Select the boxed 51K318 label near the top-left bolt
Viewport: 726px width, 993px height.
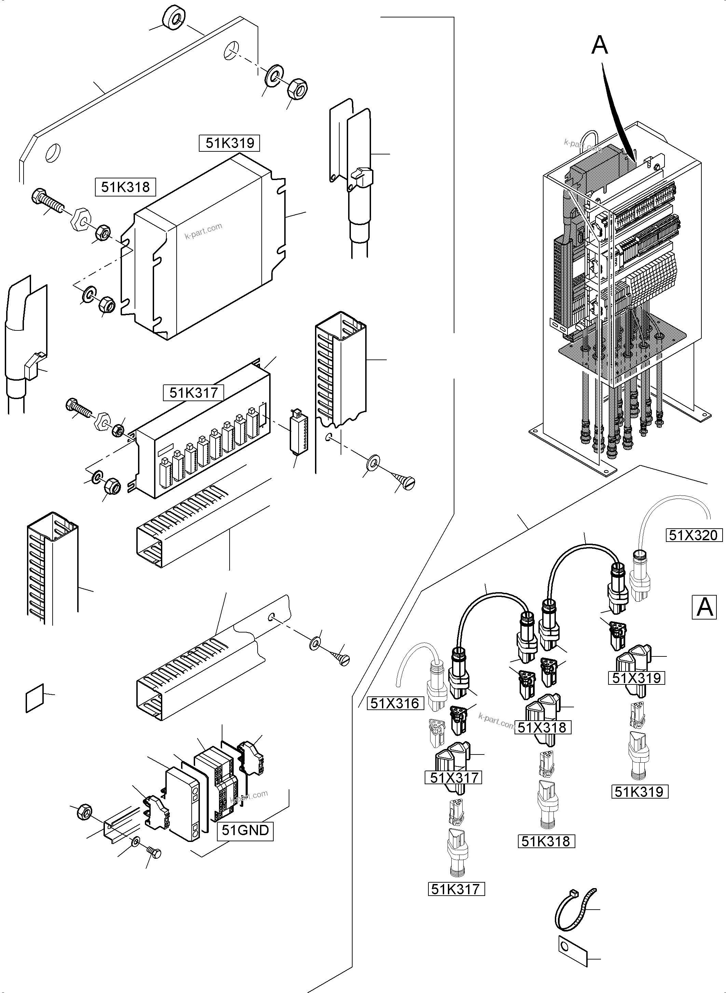[x=125, y=187]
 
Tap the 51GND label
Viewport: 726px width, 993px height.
[x=245, y=830]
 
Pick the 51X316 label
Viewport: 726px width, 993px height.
[x=394, y=703]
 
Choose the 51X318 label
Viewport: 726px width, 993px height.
[x=544, y=727]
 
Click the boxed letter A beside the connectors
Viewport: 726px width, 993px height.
[x=704, y=607]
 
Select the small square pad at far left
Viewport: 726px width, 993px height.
[x=35, y=698]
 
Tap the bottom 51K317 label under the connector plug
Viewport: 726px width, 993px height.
[x=456, y=889]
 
